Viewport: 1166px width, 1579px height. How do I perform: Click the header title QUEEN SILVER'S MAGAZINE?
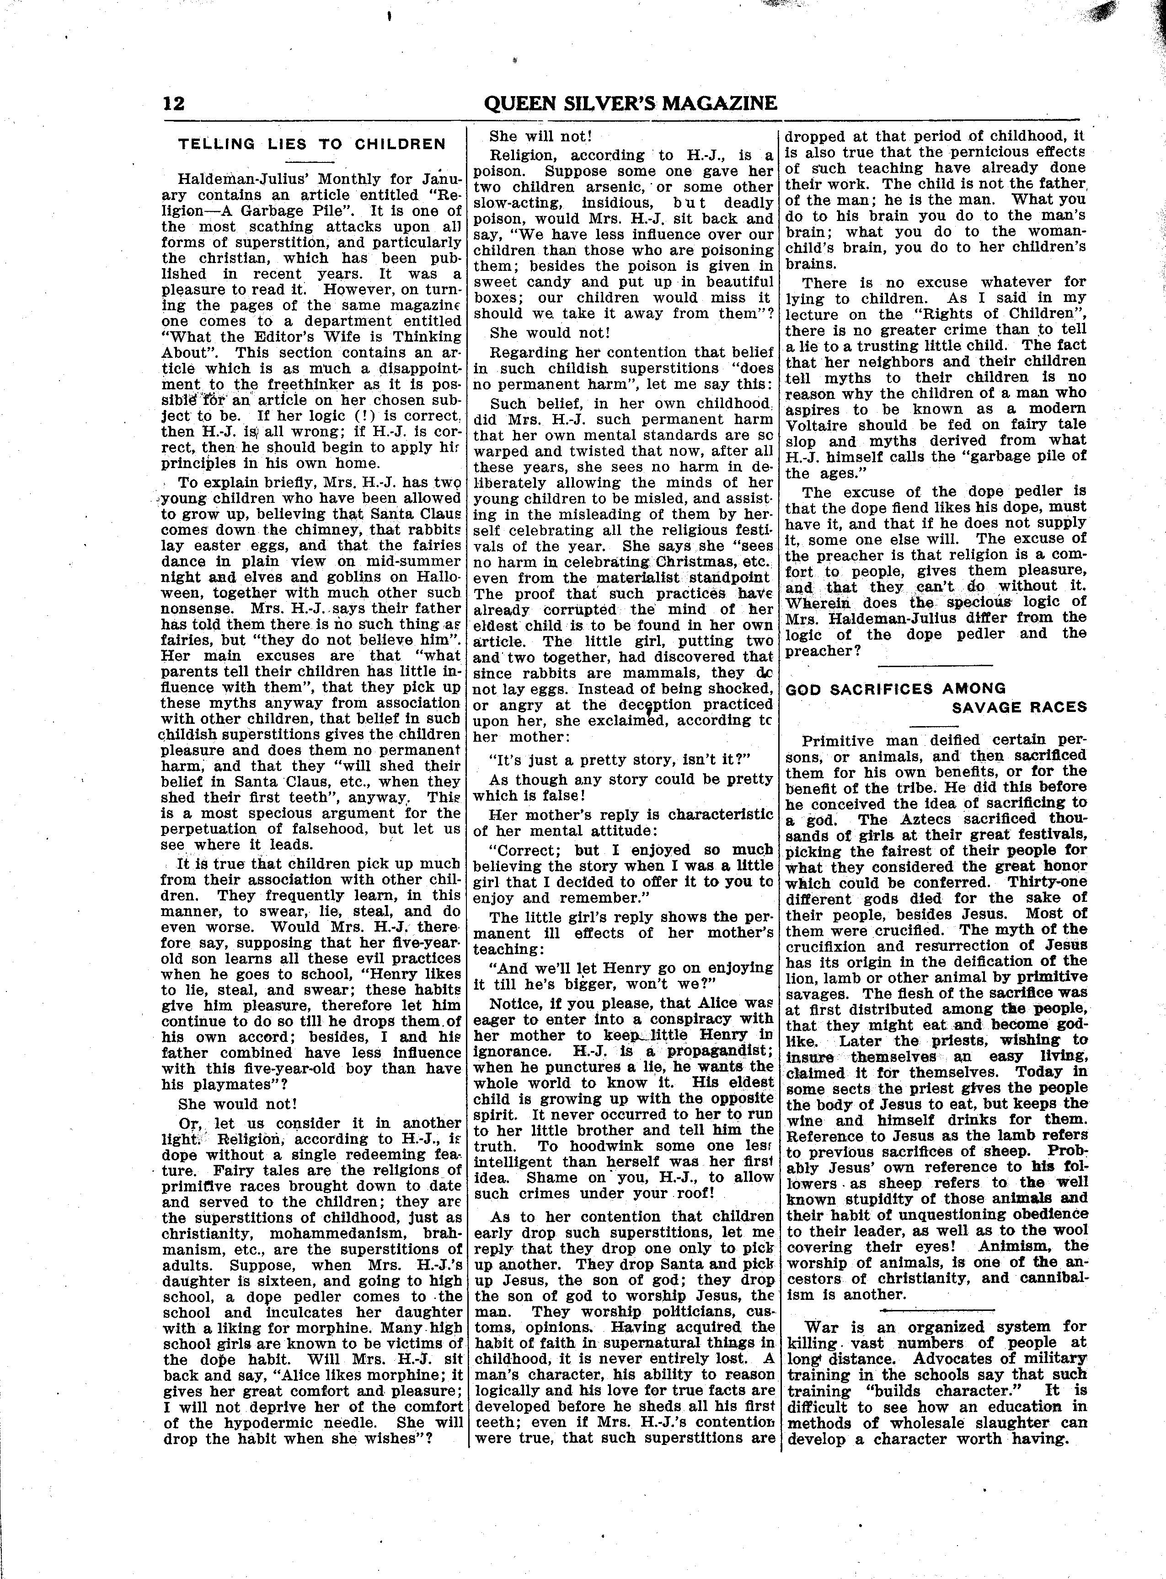(630, 103)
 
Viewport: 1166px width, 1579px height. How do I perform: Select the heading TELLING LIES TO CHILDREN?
(312, 145)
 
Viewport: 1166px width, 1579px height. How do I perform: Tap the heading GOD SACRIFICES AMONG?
(896, 689)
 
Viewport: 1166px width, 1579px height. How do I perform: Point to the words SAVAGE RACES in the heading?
(1019, 707)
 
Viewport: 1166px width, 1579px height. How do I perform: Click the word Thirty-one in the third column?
(1048, 882)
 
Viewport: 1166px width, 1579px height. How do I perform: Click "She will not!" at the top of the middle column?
(540, 136)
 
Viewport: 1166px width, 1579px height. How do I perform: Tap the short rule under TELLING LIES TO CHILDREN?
(311, 162)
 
